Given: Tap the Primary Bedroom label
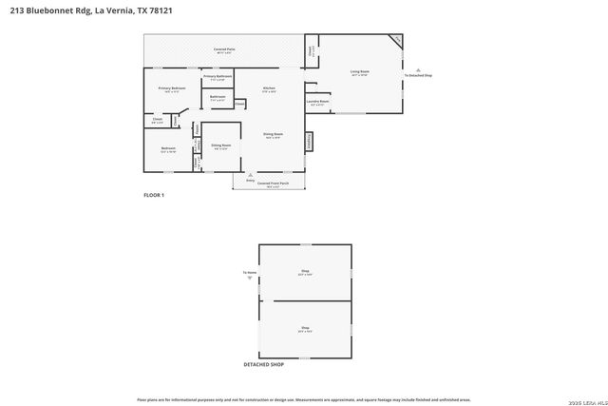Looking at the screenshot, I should tap(172, 88).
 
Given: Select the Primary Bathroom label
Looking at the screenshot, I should tap(218, 77).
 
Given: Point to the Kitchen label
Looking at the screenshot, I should tap(269, 88).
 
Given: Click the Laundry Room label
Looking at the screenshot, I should tap(317, 101).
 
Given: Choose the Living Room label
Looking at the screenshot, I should tap(359, 71).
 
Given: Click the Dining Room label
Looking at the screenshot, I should tap(274, 135).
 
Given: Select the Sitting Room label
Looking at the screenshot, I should tap(219, 145).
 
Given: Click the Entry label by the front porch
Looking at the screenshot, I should tap(249, 177).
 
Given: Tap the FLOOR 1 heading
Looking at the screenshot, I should tap(154, 195).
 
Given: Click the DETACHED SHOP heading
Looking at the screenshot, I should tap(264, 363).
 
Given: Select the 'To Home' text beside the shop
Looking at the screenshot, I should tap(250, 273).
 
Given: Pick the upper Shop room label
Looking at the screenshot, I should tap(306, 272).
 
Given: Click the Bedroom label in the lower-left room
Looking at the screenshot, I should tap(167, 148).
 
